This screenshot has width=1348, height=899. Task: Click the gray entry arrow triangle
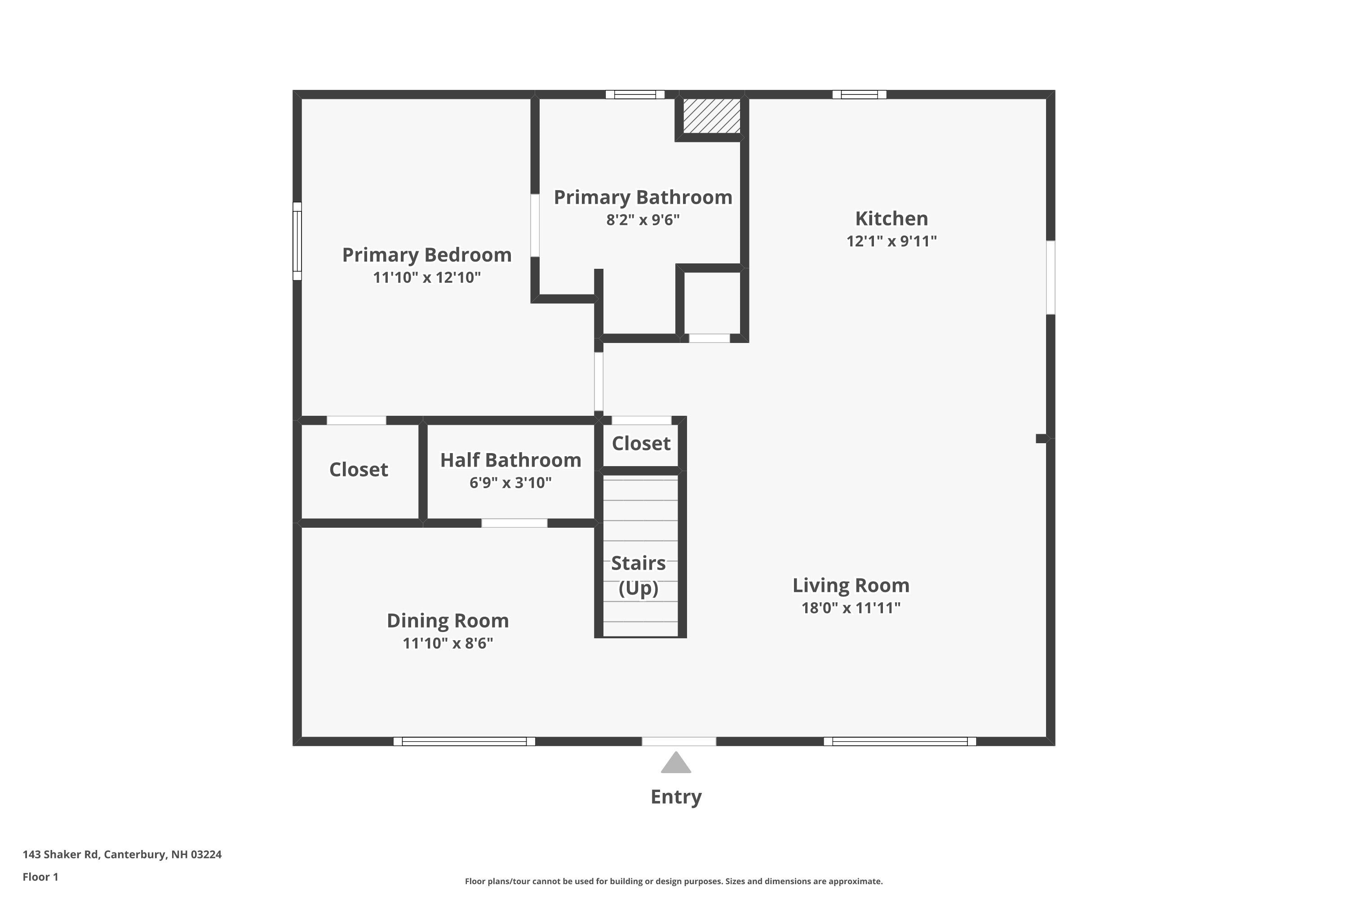pyautogui.click(x=676, y=764)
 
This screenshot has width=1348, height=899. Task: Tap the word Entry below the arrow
pyautogui.click(x=676, y=797)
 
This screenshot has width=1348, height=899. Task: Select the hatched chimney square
pyautogui.click(x=711, y=116)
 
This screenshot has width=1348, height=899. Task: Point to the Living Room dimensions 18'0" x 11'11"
pyautogui.click(x=851, y=608)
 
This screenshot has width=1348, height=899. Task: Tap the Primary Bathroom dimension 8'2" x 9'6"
pyautogui.click(x=643, y=220)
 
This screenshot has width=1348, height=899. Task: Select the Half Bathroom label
pyautogui.click(x=510, y=460)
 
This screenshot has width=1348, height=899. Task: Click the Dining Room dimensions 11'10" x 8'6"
pyautogui.click(x=448, y=643)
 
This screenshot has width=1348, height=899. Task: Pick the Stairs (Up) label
pyautogui.click(x=638, y=575)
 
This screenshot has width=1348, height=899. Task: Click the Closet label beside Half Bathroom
pyautogui.click(x=358, y=470)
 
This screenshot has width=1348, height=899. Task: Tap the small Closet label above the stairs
pyautogui.click(x=641, y=443)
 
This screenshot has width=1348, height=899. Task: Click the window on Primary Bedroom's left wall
pyautogui.click(x=297, y=241)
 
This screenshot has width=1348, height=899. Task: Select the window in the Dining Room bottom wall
pyautogui.click(x=464, y=741)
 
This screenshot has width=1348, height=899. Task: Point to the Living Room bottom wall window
pyautogui.click(x=900, y=741)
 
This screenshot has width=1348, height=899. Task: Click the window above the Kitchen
pyautogui.click(x=859, y=94)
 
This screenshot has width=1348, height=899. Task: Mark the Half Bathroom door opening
pyautogui.click(x=514, y=523)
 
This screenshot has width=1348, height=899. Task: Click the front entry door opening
pyautogui.click(x=678, y=741)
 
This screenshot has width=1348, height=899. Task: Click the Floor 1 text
pyautogui.click(x=40, y=877)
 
